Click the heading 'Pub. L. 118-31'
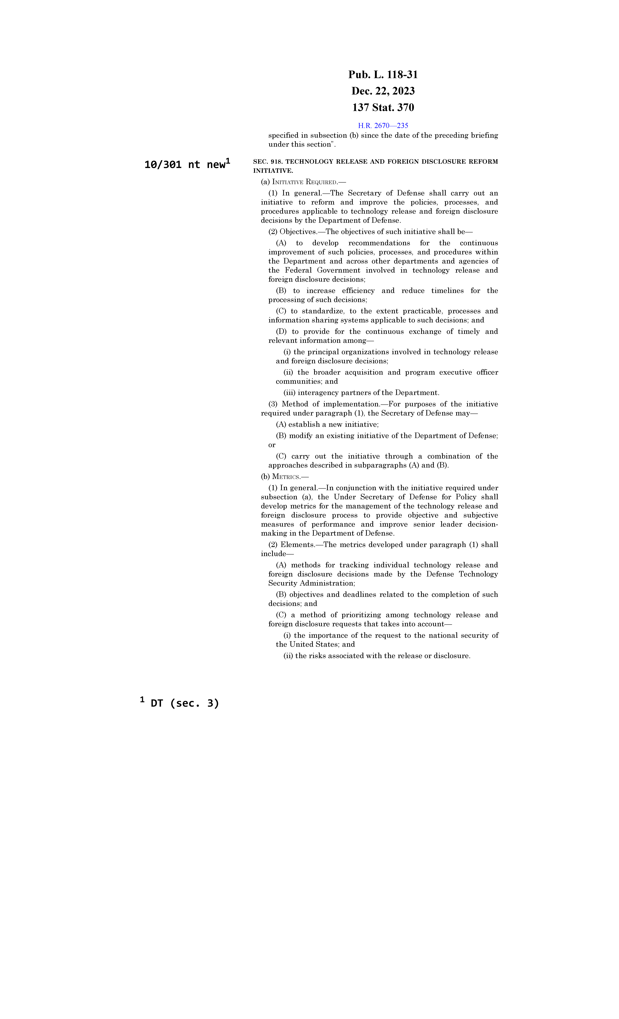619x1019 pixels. [x=383, y=75]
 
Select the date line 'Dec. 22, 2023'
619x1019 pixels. [x=383, y=91]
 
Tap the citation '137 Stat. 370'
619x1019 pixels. [x=383, y=107]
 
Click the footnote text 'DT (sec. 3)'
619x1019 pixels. [x=184, y=703]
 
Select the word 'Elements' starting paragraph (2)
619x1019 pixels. [x=297, y=545]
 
